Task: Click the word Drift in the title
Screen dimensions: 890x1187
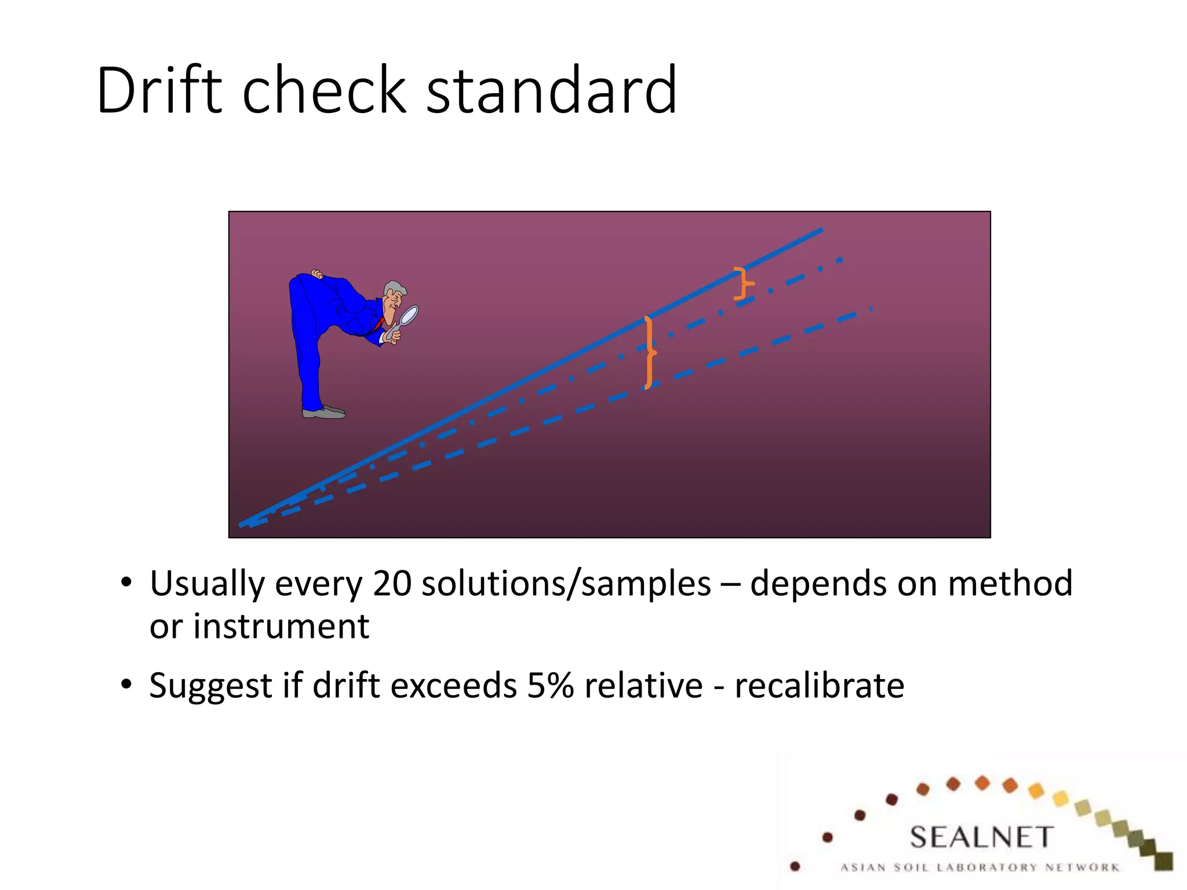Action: [159, 90]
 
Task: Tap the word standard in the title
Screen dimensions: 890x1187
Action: [551, 90]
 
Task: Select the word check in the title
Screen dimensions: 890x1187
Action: [324, 90]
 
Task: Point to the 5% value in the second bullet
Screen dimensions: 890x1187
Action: [550, 685]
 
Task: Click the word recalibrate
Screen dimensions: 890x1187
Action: [819, 685]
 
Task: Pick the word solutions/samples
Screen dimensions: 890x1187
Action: [566, 584]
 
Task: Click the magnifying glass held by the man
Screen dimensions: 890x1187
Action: [409, 316]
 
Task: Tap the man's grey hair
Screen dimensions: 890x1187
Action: [394, 288]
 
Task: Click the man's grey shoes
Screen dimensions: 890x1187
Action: [324, 413]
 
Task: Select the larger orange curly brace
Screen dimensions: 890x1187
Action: [650, 352]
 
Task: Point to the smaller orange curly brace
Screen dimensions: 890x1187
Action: [743, 283]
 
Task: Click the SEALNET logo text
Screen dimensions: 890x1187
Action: [981, 837]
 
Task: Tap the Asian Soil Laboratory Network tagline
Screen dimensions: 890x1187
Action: [980, 867]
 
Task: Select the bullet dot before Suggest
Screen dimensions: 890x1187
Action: [126, 684]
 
